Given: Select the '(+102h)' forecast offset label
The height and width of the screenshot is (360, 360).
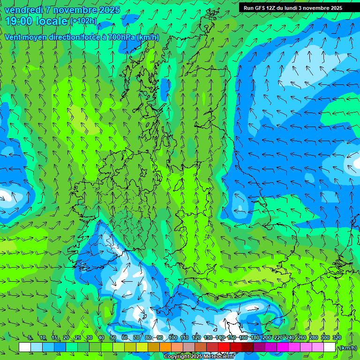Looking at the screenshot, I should (x=83, y=21).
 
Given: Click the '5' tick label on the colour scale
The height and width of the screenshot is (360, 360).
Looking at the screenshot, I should (x=30, y=338).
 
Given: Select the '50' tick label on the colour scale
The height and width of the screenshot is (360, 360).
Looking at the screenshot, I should (x=112, y=338).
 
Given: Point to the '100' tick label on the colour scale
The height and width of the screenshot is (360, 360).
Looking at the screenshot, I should (x=173, y=338).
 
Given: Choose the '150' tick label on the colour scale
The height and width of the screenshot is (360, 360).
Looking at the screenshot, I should (x=232, y=338).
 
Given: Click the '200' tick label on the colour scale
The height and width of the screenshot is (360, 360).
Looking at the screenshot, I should (x=267, y=338).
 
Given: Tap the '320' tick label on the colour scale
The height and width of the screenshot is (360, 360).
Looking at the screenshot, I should (x=336, y=338).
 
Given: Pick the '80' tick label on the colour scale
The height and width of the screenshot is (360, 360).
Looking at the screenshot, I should (x=148, y=338).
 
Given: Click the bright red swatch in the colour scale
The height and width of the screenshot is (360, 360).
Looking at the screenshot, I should (x=224, y=347).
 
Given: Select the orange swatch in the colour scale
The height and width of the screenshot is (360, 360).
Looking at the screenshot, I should (x=165, y=347).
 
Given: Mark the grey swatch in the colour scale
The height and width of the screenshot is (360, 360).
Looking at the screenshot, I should (x=189, y=347).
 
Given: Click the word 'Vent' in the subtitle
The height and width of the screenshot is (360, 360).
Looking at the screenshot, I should (x=13, y=37).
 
